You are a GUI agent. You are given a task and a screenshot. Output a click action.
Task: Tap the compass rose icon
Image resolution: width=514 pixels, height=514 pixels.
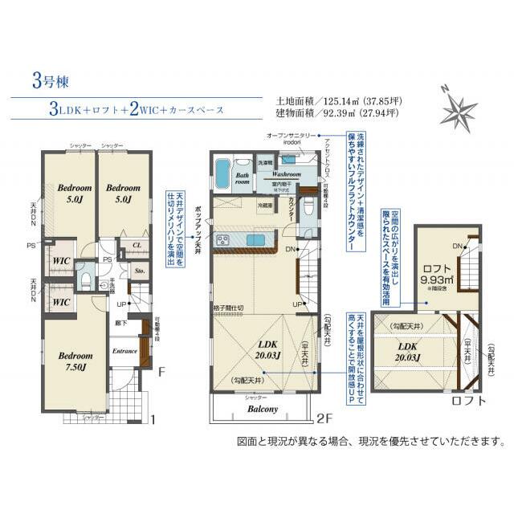[x=459, y=107]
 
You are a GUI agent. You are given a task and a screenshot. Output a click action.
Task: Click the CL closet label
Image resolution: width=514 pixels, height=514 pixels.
[x=137, y=245]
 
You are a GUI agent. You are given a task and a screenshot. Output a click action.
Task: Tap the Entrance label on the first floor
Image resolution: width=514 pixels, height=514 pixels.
[x=125, y=350]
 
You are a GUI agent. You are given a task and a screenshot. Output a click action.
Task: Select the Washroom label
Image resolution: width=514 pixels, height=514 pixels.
[x=285, y=173]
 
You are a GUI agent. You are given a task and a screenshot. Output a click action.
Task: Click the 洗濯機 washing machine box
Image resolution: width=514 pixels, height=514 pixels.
[x=265, y=162]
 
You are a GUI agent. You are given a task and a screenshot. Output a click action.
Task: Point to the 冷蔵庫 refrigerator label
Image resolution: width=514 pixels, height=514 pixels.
[x=264, y=206]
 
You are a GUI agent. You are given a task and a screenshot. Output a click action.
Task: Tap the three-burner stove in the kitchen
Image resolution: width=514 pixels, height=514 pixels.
[x=223, y=239]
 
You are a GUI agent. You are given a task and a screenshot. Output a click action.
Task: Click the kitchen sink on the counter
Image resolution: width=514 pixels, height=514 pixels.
[x=256, y=240]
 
